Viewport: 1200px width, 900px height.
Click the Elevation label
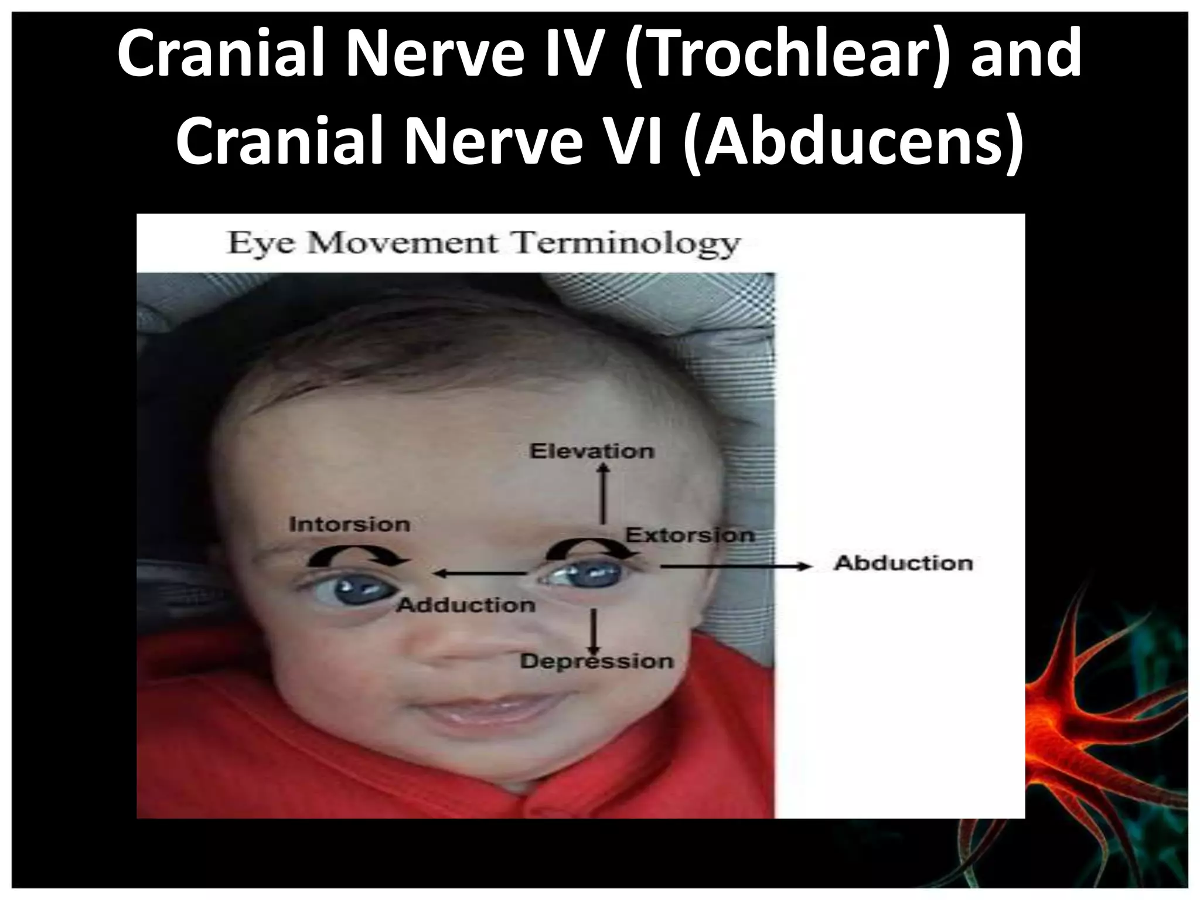tap(592, 451)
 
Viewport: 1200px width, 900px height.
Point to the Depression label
tap(596, 662)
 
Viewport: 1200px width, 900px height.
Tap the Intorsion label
tap(349, 524)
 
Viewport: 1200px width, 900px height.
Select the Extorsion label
tap(690, 535)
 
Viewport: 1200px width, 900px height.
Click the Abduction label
tap(903, 563)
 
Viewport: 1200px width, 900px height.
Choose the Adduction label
tap(466, 605)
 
